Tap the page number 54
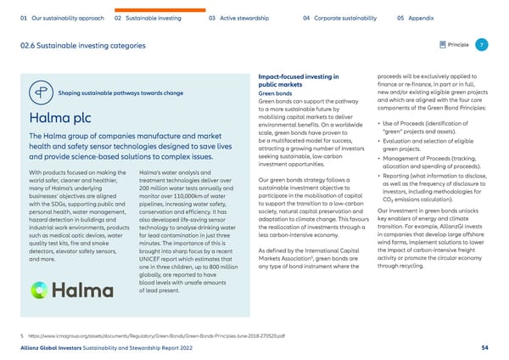click(484, 348)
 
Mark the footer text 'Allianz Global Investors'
click(57, 348)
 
